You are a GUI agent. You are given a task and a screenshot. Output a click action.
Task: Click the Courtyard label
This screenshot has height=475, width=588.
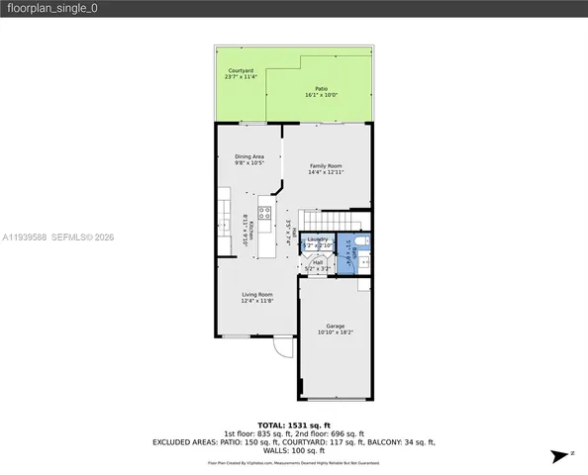239,70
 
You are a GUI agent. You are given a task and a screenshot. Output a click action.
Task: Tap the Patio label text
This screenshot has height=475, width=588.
322,89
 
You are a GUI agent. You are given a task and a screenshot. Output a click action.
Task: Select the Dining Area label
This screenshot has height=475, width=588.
248,156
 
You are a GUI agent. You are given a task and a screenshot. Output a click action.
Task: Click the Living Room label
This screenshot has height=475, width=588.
257,294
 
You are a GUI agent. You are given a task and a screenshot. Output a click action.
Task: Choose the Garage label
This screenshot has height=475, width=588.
336,327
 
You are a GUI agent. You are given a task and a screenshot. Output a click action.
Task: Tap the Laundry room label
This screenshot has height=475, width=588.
318,239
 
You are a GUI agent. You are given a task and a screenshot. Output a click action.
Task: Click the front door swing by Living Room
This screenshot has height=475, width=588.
283,347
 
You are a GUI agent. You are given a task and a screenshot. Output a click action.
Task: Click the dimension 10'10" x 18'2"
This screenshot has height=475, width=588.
336,332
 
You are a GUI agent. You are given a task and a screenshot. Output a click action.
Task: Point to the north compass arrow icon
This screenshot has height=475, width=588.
558,454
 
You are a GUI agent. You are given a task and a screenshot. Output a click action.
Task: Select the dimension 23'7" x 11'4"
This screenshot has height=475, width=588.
239,77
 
